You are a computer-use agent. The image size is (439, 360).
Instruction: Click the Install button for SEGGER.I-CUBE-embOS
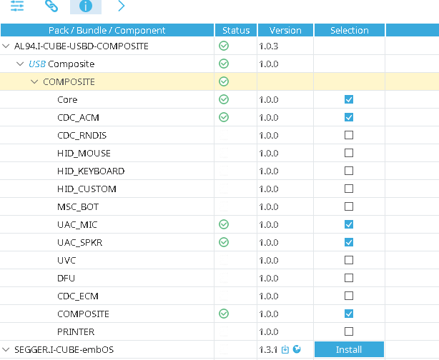[349, 350]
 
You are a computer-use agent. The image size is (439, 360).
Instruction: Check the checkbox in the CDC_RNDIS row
[349, 136]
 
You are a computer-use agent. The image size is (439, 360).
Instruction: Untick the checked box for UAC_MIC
[349, 225]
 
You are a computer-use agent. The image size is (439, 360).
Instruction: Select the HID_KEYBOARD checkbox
[349, 171]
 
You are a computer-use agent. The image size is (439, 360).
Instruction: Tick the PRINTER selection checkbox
[349, 332]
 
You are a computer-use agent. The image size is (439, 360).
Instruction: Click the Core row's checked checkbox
[349, 100]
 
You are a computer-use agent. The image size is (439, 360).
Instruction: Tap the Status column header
[235, 31]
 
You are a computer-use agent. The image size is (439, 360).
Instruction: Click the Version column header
[285, 31]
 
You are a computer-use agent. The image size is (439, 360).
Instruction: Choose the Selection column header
[349, 31]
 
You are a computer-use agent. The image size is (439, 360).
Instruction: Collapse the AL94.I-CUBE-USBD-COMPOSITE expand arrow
[6, 46]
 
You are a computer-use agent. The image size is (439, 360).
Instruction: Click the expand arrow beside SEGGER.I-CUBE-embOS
[6, 350]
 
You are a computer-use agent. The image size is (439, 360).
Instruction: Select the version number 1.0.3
[269, 46]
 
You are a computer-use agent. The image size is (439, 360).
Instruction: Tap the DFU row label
[66, 279]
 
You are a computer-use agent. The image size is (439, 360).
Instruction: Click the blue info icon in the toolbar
[85, 6]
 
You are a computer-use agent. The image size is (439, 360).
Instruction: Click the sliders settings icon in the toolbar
[16, 6]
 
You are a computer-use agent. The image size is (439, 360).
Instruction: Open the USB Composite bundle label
[61, 64]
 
